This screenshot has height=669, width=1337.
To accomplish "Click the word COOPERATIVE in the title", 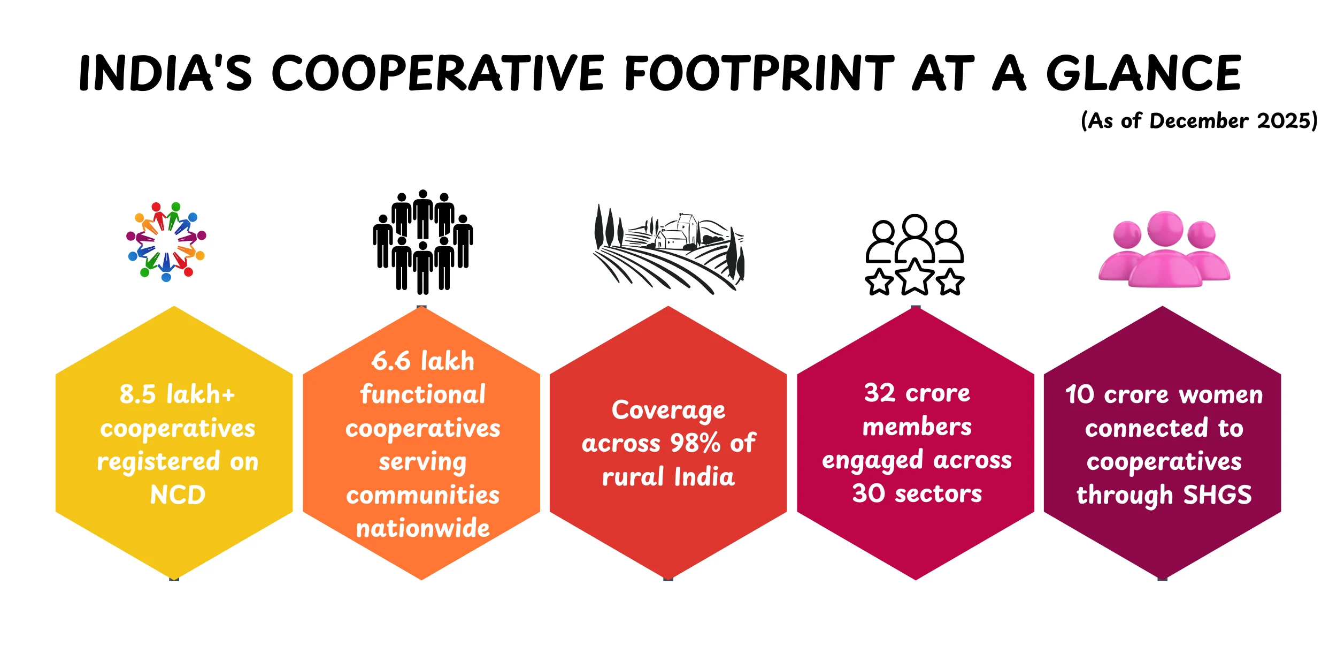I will (x=437, y=73).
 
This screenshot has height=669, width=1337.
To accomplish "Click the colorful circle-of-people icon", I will (x=166, y=242).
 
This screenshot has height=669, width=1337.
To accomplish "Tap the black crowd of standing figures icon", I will (x=422, y=242).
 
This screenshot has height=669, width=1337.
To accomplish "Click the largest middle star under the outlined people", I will (x=915, y=277).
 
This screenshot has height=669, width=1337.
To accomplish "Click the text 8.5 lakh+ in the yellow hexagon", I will (x=177, y=394).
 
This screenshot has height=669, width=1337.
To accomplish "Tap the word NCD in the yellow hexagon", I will (x=178, y=495).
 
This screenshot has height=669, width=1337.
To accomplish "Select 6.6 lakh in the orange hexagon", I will (x=422, y=361).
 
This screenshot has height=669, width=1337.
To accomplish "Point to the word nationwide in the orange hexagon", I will (x=422, y=529).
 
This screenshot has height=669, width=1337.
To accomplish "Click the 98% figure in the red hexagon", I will (x=695, y=443).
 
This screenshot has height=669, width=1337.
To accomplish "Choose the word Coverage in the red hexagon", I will (x=669, y=410).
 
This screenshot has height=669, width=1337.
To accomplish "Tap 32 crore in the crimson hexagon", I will (x=917, y=393).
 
